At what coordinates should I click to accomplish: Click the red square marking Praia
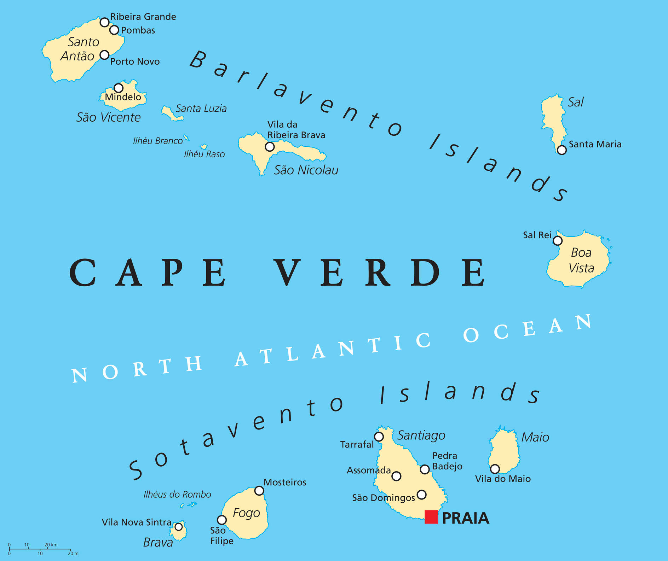(431, 517)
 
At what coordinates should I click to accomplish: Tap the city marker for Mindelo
(119, 88)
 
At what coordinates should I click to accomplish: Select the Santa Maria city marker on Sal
(562, 150)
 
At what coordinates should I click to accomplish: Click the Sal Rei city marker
(558, 241)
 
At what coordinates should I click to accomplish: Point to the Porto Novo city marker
(104, 55)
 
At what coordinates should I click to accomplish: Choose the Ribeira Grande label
(143, 17)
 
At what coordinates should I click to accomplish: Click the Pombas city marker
(114, 30)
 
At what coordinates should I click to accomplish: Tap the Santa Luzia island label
(201, 109)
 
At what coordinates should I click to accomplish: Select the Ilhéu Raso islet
(203, 146)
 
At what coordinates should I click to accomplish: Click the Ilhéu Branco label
(158, 141)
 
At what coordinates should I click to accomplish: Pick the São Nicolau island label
(306, 170)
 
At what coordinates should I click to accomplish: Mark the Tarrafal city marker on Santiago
(379, 437)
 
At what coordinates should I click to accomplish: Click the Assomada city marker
(397, 476)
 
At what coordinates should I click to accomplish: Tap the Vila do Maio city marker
(495, 469)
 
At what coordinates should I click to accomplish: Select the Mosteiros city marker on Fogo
(259, 491)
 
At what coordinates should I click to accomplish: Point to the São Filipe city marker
(222, 520)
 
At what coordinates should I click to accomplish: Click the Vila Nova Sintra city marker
(179, 527)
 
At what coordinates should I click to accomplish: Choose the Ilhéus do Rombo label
(177, 495)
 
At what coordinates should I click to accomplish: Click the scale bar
(40, 549)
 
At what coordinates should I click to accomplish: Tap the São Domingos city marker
(421, 494)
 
